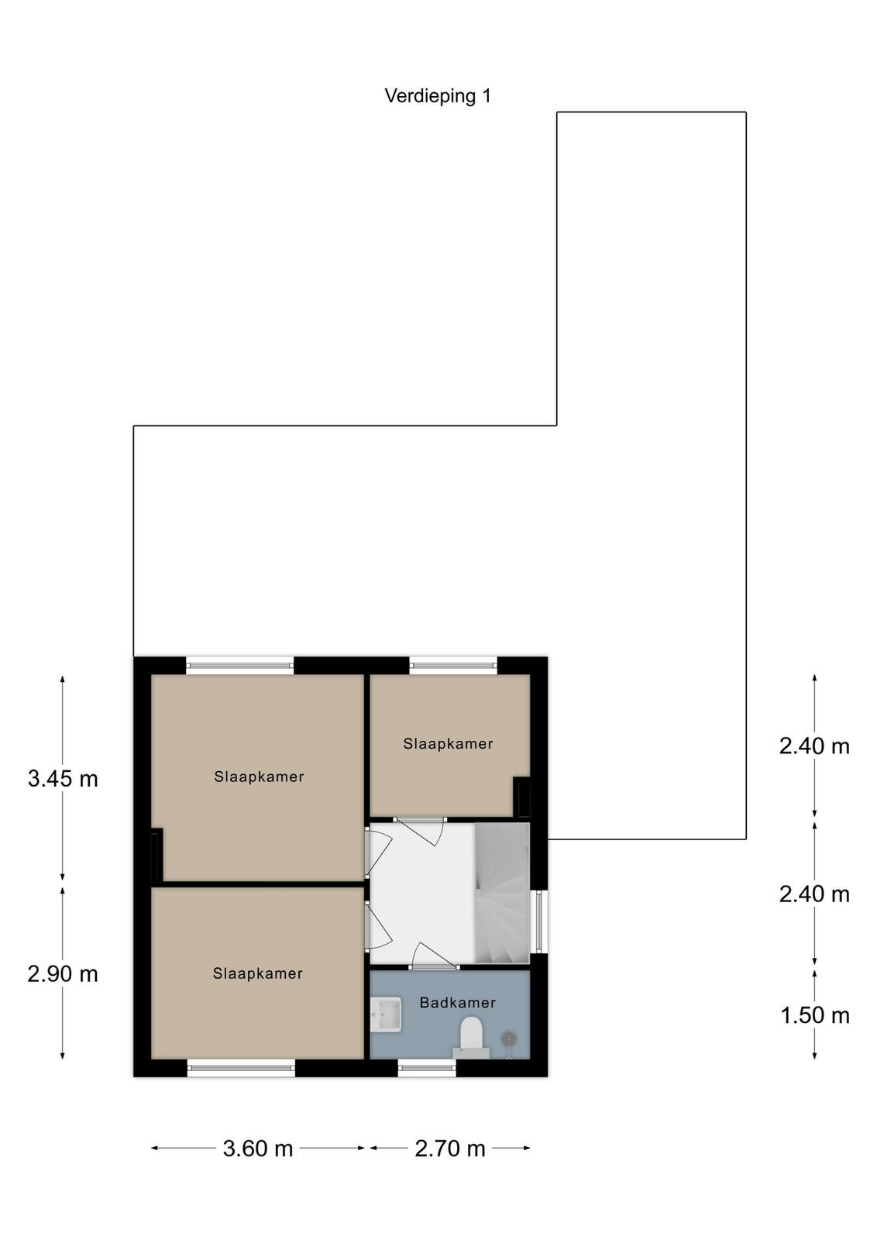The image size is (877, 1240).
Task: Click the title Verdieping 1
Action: (x=438, y=96)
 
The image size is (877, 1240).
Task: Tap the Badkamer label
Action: (x=458, y=1002)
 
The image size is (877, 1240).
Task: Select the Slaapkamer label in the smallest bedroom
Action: (x=448, y=743)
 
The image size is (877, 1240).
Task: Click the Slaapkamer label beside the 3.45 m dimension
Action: (x=259, y=777)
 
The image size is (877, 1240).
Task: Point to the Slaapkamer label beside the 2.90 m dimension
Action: (x=257, y=973)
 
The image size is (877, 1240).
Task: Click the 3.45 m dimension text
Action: (x=63, y=779)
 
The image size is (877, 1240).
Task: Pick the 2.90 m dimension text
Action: (x=63, y=973)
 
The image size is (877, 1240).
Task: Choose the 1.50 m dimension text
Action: (x=814, y=1015)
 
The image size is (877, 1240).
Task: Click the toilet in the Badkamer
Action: (x=471, y=1038)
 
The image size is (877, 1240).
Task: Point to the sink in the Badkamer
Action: (x=386, y=1014)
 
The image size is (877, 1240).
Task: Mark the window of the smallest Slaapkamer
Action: (x=453, y=665)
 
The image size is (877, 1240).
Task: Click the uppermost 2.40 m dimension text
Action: (x=814, y=746)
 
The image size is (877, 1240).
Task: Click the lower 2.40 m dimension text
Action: (x=814, y=894)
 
